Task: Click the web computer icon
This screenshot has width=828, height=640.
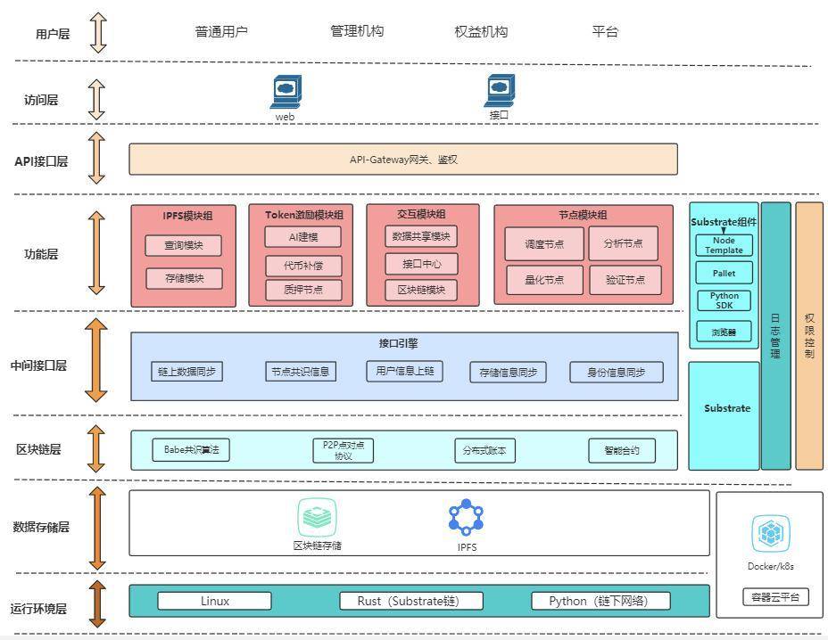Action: tap(286, 91)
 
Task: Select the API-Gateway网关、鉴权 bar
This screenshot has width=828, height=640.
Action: tap(403, 160)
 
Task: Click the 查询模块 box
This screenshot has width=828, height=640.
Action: tap(184, 246)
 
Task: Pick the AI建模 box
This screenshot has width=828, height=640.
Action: tap(302, 237)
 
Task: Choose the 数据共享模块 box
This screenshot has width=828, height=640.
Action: tap(421, 236)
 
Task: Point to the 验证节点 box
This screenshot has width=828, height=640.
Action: tap(625, 279)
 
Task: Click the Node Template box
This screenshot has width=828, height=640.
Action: tap(724, 245)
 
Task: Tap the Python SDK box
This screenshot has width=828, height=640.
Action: tap(724, 300)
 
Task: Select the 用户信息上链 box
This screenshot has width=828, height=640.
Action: tap(404, 371)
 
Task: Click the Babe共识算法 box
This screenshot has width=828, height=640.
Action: tap(191, 450)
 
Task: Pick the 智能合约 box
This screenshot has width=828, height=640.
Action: tap(621, 451)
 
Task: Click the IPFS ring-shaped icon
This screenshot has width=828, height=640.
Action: tap(466, 518)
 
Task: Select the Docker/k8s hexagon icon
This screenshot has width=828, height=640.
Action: tap(769, 533)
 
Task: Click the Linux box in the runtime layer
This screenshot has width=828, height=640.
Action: tap(215, 601)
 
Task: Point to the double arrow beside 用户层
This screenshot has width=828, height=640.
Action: tap(97, 32)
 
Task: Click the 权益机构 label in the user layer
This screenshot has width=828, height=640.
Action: tap(481, 32)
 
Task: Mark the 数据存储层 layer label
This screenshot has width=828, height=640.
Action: tap(41, 527)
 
